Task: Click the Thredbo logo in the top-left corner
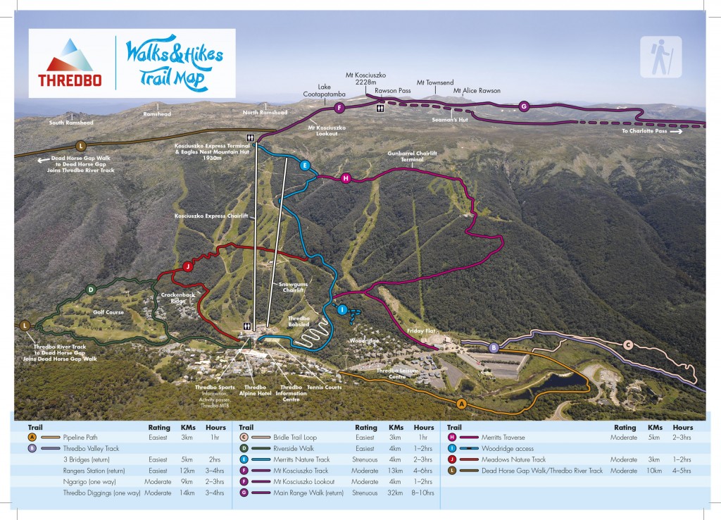click(69, 63)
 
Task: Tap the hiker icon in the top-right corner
click(660, 56)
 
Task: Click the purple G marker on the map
click(523, 106)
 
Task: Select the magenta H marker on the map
click(345, 178)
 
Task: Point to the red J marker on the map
click(187, 266)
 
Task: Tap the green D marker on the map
click(91, 290)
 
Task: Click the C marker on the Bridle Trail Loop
click(628, 344)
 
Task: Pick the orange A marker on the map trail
click(461, 404)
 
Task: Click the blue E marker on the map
click(304, 166)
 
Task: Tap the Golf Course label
click(108, 311)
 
